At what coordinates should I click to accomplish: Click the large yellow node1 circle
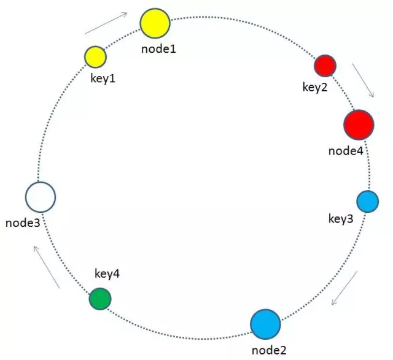click(155, 23)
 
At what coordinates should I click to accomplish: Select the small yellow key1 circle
click(95, 56)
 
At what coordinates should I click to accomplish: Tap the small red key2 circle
click(325, 65)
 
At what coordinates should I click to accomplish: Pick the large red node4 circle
click(359, 124)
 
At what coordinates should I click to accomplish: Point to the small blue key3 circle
click(367, 201)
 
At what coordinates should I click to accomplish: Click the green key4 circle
click(99, 299)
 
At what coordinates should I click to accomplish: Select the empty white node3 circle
click(41, 197)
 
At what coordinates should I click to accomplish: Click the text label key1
click(103, 79)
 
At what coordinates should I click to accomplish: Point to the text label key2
click(315, 86)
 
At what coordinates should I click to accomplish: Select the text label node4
click(346, 150)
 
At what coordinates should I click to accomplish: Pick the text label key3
click(341, 218)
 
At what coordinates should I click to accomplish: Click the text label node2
click(269, 350)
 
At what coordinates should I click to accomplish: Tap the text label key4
click(107, 274)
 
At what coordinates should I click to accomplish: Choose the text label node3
click(23, 223)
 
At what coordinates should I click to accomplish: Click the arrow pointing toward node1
click(106, 23)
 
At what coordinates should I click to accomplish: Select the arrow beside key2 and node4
click(363, 79)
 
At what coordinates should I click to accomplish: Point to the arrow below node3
click(47, 266)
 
